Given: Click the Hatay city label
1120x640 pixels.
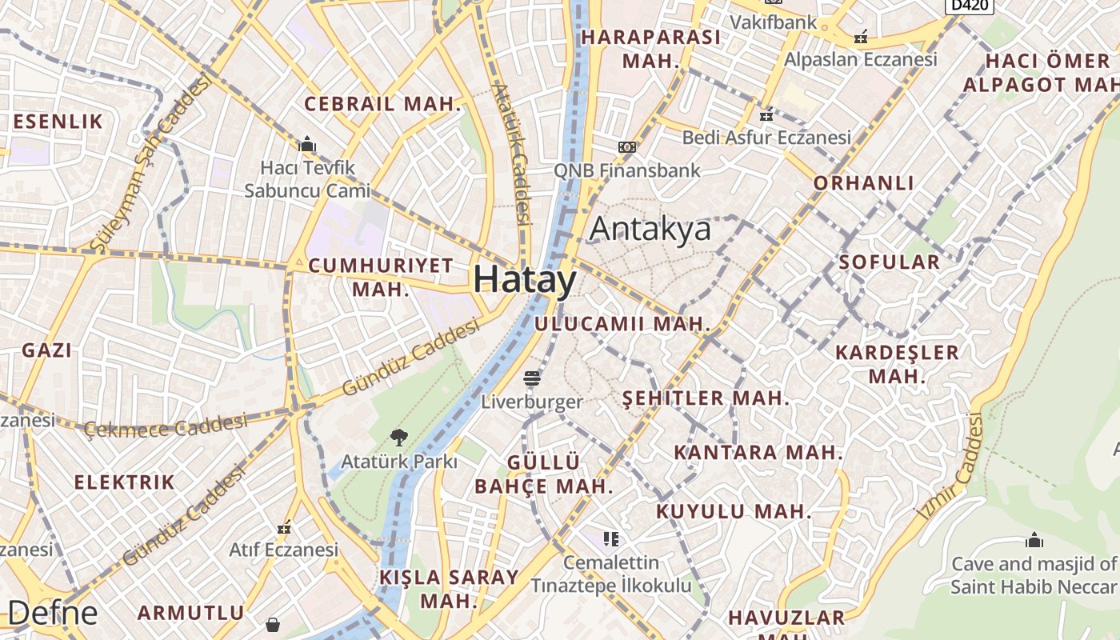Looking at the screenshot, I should click(x=524, y=280).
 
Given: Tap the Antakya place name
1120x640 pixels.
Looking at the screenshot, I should click(x=650, y=229).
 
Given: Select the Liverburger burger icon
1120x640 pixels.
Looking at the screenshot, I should click(x=532, y=378).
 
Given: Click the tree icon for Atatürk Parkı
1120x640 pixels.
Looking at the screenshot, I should click(x=398, y=437).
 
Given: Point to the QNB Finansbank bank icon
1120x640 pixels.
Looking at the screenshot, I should click(x=627, y=147).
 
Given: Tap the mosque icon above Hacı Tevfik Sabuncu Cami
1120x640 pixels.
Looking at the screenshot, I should click(x=307, y=144).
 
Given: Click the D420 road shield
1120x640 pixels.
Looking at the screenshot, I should click(x=969, y=6).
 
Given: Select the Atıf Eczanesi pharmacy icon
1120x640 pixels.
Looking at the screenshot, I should click(x=283, y=527).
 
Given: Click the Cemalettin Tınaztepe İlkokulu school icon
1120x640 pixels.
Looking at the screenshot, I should click(x=611, y=538).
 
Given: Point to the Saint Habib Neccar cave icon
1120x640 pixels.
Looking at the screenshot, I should click(x=1034, y=540).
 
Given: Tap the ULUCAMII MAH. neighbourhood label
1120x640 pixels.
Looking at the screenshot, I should click(x=622, y=324).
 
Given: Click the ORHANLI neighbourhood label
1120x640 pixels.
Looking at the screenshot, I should click(x=863, y=183).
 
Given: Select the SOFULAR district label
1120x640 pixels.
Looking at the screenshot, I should click(x=889, y=262).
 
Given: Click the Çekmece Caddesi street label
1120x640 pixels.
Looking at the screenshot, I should click(x=166, y=426).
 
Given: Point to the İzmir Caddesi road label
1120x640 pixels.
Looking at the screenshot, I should click(x=951, y=466).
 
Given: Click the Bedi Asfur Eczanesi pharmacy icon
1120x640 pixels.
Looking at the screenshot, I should click(x=766, y=115).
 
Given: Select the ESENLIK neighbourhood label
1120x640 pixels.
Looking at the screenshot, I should click(x=58, y=122).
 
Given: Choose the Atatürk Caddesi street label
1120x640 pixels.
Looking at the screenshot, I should click(x=513, y=153).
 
